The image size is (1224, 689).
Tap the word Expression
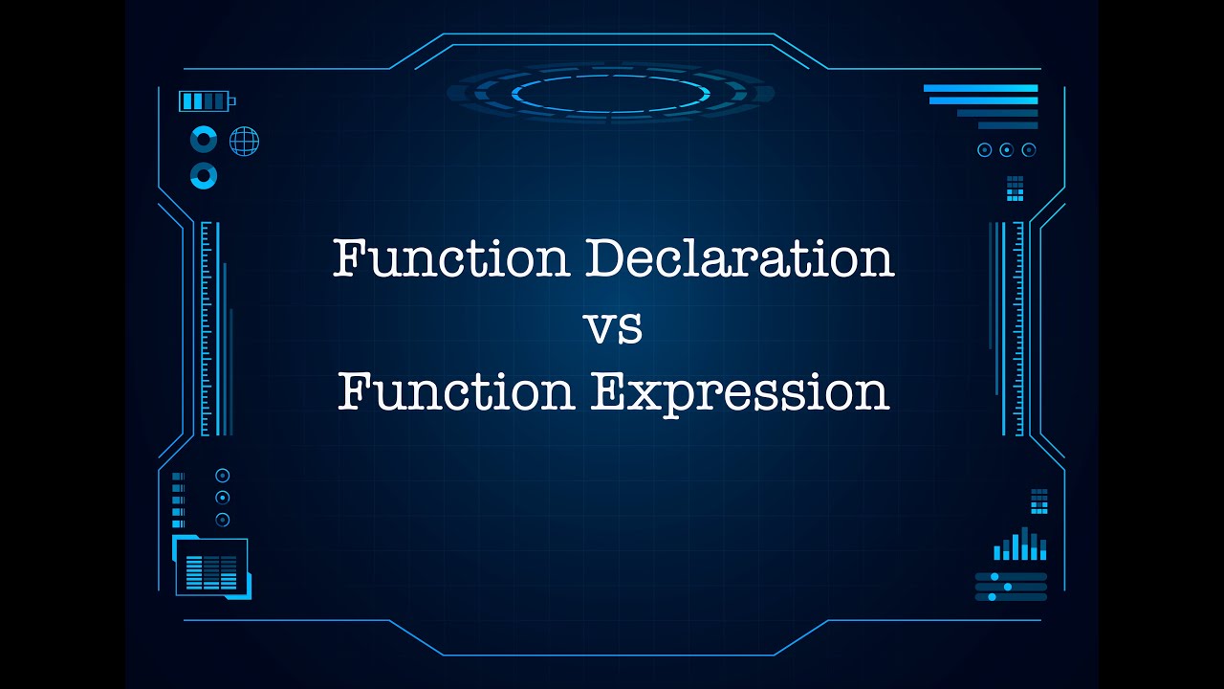pos(739,391)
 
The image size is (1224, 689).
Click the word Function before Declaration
pos(450,258)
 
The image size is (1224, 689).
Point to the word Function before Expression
pos(456,391)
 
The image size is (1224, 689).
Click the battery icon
pos(205,100)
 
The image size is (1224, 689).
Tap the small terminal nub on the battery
pos(232,100)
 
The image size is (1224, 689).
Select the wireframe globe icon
pos(244,142)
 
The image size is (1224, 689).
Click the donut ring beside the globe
pos(204,140)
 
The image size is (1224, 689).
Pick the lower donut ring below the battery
pos(204,176)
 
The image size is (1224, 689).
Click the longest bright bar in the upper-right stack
pos(980,88)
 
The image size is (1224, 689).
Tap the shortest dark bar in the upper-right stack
pos(1007,125)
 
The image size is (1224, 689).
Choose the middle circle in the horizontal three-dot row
pos(1006,149)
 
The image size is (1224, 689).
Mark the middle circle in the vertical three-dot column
pos(223,498)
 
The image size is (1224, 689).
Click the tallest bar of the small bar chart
pos(1025,543)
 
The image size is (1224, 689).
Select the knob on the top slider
pos(994,576)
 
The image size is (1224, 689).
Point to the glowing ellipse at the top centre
pos(611,93)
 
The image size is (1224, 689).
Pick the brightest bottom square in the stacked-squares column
pos(178,523)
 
